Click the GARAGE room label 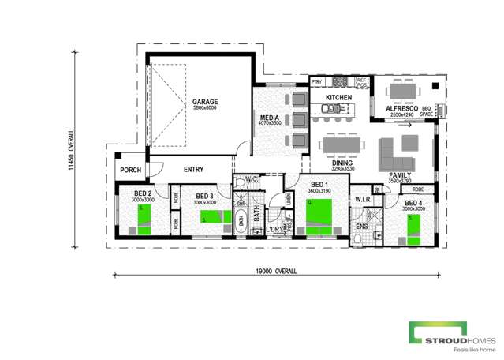(x=205, y=102)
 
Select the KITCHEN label (x=338, y=98)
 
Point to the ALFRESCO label (x=401, y=108)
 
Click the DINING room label (x=342, y=163)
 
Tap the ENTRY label (x=194, y=170)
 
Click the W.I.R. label (x=363, y=199)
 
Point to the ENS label (x=362, y=227)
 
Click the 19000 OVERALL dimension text (x=276, y=271)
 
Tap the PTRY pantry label (x=316, y=81)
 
